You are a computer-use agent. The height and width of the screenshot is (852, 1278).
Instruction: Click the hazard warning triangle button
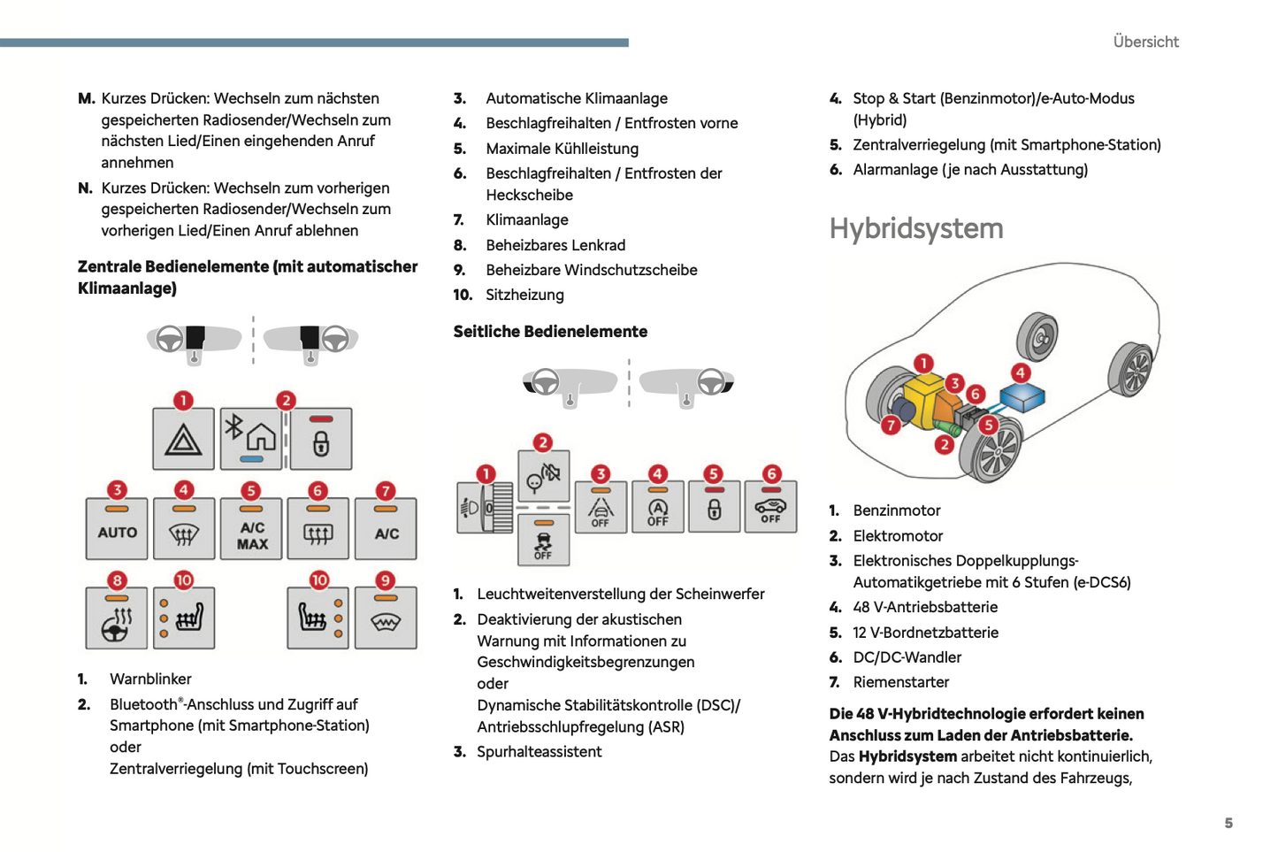[x=183, y=439]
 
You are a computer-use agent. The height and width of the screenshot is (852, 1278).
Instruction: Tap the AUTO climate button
[x=118, y=529]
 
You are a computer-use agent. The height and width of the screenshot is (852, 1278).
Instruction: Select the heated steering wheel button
[x=118, y=618]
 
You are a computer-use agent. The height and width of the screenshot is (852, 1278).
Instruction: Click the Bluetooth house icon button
[x=252, y=439]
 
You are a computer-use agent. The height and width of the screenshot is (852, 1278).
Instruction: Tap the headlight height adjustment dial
[x=485, y=508]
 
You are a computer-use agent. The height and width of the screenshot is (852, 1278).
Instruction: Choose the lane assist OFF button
[x=601, y=508]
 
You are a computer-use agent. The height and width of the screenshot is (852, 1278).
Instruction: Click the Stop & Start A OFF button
[x=658, y=508]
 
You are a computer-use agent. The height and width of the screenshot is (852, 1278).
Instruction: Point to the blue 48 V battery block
[x=1022, y=397]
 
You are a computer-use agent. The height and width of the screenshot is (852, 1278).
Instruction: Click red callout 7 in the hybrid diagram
[x=892, y=426]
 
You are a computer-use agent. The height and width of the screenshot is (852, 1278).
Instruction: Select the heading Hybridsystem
[x=916, y=228]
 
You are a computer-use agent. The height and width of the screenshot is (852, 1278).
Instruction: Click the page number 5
[x=1228, y=823]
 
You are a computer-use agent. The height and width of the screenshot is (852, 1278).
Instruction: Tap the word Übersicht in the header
[x=1145, y=42]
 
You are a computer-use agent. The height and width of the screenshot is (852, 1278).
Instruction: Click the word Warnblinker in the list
[x=150, y=679]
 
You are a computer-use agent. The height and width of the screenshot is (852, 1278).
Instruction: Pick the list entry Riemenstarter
[x=900, y=682]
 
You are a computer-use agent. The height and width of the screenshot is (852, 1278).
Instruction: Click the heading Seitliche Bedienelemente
[x=550, y=332]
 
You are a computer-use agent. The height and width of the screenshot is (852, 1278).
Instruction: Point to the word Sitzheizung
[x=524, y=295]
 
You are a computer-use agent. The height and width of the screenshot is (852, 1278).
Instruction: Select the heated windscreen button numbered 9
[x=386, y=618]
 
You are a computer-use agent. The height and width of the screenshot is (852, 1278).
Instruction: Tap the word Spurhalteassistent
[x=539, y=751]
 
